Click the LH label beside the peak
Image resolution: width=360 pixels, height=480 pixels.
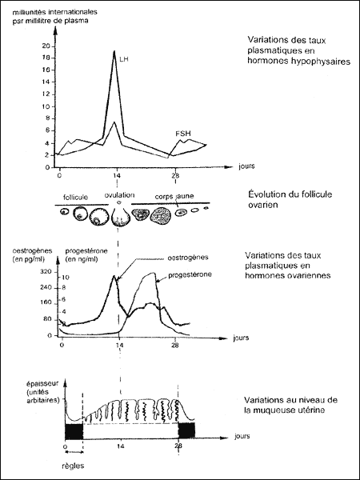click(123, 59)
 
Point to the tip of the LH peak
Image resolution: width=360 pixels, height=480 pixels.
click(114, 51)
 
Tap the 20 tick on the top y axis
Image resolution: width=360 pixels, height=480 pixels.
click(47, 46)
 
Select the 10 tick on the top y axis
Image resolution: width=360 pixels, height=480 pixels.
click(47, 107)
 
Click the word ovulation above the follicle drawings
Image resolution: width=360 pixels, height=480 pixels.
click(119, 195)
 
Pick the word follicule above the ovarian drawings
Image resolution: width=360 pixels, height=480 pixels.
click(74, 197)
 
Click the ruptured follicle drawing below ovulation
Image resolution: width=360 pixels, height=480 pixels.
click(120, 217)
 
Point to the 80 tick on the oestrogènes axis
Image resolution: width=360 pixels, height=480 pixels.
click(49, 320)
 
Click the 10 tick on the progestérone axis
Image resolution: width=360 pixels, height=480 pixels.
click(66, 278)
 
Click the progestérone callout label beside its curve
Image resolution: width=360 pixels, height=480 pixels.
click(190, 274)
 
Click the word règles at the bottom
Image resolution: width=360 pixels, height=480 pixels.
click(72, 466)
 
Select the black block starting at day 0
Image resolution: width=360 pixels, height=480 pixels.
click(74, 432)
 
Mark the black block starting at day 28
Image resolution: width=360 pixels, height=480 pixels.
click(187, 430)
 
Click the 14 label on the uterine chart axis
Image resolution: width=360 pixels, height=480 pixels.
click(120, 446)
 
